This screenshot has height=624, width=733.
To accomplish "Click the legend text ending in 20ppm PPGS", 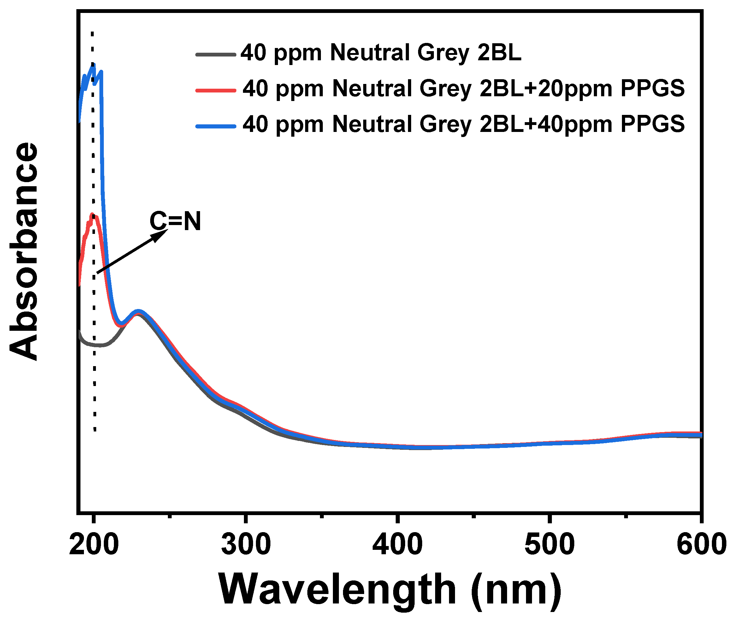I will pyautogui.click(x=463, y=88).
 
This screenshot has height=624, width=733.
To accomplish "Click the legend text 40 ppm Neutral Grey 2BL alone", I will pyautogui.click(x=381, y=53).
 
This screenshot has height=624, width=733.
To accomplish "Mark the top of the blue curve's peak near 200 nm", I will pyautogui.click(x=94, y=65).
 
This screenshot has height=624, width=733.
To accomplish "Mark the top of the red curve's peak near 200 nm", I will pyautogui.click(x=92, y=214).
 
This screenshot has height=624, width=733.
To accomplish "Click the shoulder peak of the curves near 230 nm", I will pyautogui.click(x=139, y=312).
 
